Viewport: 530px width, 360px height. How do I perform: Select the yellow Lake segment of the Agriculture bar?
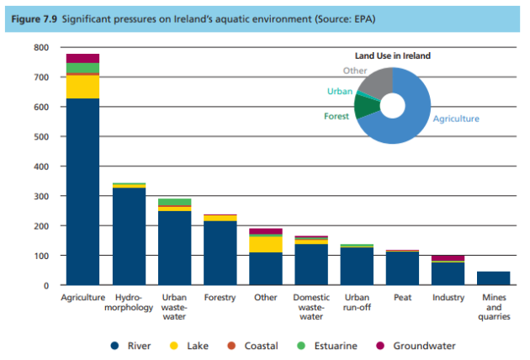(82, 87)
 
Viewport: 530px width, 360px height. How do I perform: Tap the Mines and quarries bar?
(494, 278)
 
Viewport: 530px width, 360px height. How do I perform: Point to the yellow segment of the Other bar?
(265, 244)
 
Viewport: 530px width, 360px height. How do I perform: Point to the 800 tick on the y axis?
(42, 48)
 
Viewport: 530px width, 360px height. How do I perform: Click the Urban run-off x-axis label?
(357, 302)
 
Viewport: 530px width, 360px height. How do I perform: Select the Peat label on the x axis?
(402, 297)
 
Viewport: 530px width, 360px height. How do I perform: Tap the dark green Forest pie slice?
(365, 107)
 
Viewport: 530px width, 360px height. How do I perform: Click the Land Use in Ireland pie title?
(392, 56)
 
